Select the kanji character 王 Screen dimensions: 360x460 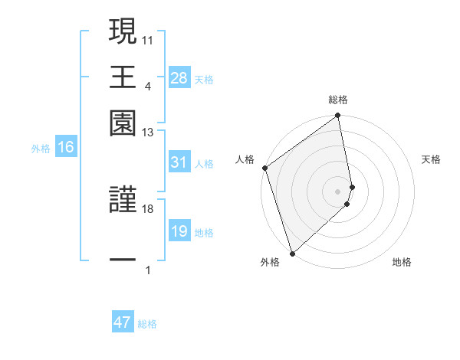click(123, 77)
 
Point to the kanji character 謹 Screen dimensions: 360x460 click(123, 200)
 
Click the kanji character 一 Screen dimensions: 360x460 click(123, 260)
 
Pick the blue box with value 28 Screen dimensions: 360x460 click(179, 78)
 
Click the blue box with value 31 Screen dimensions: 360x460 click(179, 162)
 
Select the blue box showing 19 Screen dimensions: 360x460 click(179, 231)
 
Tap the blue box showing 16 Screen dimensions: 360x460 click(66, 148)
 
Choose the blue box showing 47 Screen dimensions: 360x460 click(123, 322)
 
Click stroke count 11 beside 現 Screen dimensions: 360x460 click(147, 39)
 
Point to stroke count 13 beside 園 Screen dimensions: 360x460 click(147, 133)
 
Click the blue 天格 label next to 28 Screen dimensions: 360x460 click(204, 79)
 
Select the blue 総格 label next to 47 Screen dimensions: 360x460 click(147, 324)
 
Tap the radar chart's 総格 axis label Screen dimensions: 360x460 click(338, 100)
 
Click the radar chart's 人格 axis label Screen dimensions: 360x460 click(245, 159)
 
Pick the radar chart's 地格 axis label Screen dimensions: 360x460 click(402, 262)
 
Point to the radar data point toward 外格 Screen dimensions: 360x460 click(291, 252)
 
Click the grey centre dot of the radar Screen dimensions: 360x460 click(338, 190)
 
